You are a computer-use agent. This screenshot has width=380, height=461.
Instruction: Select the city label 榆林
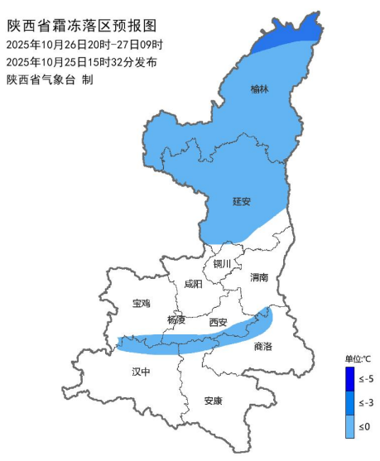pos(259,89)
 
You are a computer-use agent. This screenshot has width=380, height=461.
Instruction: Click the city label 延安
pos(242,201)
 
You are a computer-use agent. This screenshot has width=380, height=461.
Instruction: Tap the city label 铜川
pos(223,265)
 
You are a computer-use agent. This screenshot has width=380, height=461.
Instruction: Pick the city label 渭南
pos(259,278)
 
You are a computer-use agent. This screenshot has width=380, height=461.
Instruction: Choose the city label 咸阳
pos(192,284)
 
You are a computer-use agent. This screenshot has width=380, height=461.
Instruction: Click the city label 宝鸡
pos(142,304)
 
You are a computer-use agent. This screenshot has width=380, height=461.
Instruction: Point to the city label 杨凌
pos(176,319)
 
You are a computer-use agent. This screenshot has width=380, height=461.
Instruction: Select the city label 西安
pos(218,322)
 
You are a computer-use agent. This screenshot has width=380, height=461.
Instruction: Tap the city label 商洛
pos(263,347)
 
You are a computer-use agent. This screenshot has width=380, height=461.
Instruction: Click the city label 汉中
pos(142,372)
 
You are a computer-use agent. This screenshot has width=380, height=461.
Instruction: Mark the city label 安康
pos(213,401)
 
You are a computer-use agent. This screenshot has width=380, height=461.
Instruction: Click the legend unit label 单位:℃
pos(358,359)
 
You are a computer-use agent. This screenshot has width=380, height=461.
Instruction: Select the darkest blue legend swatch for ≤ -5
pos(350,379)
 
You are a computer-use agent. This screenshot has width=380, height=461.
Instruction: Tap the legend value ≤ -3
pos(367,403)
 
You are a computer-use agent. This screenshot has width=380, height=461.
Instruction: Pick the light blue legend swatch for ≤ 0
pos(350,425)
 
